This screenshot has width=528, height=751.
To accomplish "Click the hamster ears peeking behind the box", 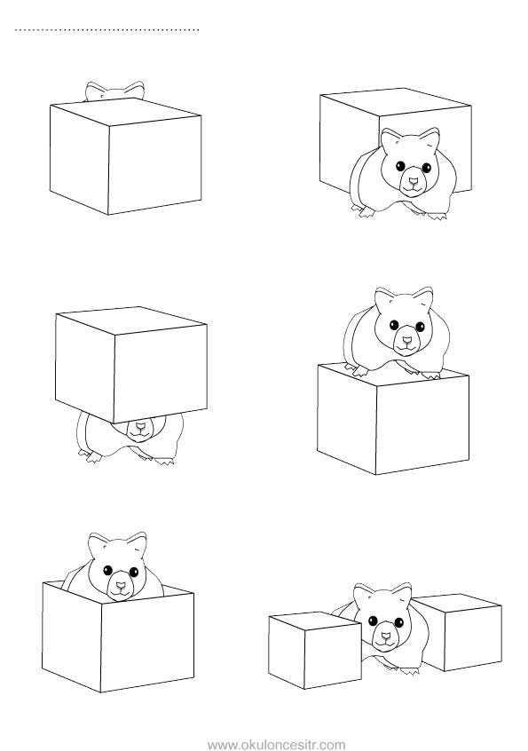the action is click(x=114, y=91).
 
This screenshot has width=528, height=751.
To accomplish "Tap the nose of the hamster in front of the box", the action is click(x=414, y=181).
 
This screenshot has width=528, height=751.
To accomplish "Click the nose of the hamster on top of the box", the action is click(x=406, y=341).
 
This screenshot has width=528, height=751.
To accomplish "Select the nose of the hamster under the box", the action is click(x=140, y=425).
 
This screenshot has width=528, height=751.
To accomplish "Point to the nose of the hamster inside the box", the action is click(x=120, y=586).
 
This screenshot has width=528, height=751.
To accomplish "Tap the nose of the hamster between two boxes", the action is click(x=385, y=637).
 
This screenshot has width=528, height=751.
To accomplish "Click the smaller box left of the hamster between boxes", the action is click(x=315, y=650).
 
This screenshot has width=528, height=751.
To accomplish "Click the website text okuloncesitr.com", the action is click(x=277, y=745).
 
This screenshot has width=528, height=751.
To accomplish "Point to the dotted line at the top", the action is click(x=106, y=30).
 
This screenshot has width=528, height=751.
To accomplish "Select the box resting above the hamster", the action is click(x=131, y=365).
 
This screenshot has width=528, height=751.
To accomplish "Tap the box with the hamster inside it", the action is click(x=118, y=636).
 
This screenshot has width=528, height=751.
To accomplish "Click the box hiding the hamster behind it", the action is click(x=125, y=156).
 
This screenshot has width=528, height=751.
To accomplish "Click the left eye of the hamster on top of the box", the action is click(x=394, y=325).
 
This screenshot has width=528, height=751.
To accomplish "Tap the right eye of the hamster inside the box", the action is click(x=134, y=572).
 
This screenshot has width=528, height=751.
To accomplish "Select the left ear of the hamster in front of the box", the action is click(x=390, y=139).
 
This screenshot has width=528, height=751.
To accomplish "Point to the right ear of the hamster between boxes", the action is click(x=402, y=594).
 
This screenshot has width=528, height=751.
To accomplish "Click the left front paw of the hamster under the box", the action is click(x=93, y=457).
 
